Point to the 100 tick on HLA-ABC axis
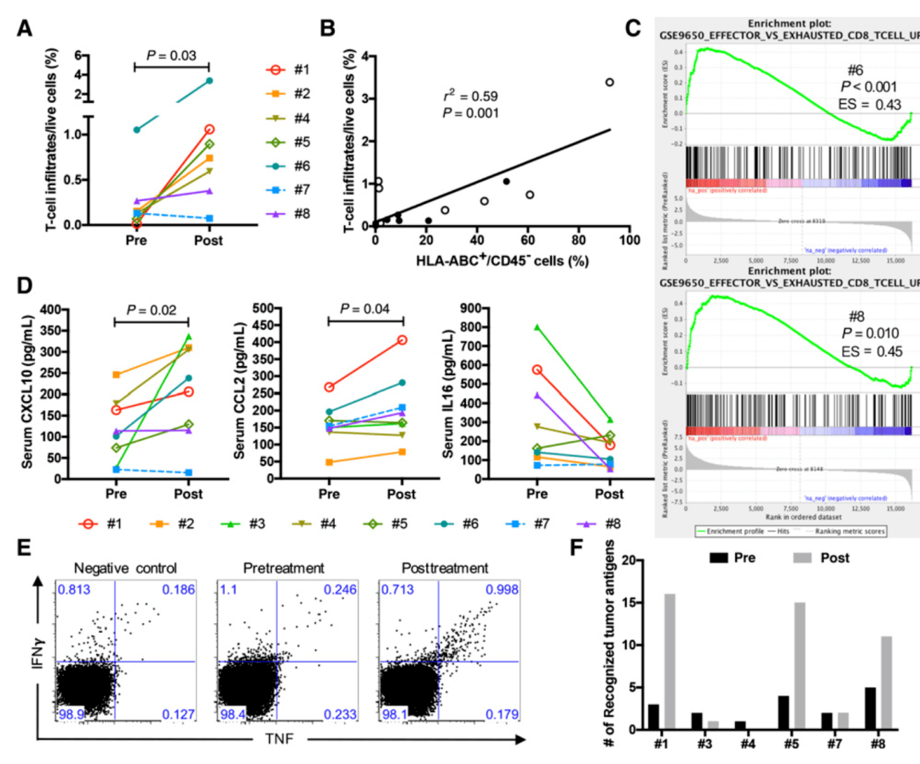[x=630, y=241]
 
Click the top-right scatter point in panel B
[x=610, y=83]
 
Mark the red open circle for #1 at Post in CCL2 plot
[x=401, y=340]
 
